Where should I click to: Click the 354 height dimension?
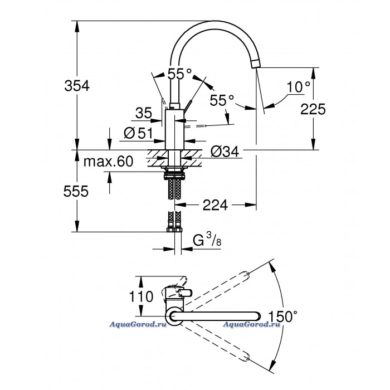[77, 86]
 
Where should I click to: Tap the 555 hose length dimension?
[76, 191]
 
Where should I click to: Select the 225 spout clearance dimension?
[313, 109]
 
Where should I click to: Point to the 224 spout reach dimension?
[215, 205]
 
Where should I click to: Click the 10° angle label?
[299, 87]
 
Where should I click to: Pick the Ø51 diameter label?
[138, 133]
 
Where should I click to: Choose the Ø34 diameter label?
[225, 151]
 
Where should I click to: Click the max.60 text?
[108, 162]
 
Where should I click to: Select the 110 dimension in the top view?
[141, 297]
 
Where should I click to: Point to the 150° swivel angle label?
[283, 316]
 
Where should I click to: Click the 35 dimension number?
[144, 113]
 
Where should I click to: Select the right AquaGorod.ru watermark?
[251, 324]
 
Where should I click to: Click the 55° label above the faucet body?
[179, 74]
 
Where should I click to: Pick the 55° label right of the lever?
[222, 100]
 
